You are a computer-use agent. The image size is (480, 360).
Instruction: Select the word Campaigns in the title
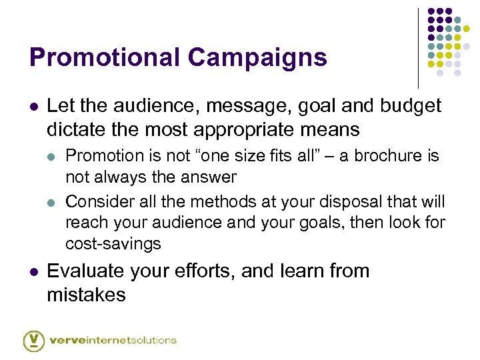[x=257, y=57]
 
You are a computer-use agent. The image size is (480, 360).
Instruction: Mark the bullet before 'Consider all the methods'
[x=52, y=202]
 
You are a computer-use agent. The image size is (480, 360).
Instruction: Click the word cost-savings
[x=113, y=244]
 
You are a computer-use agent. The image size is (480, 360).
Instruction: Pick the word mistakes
[x=86, y=294]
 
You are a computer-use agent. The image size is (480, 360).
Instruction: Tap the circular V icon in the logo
[x=34, y=340]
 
